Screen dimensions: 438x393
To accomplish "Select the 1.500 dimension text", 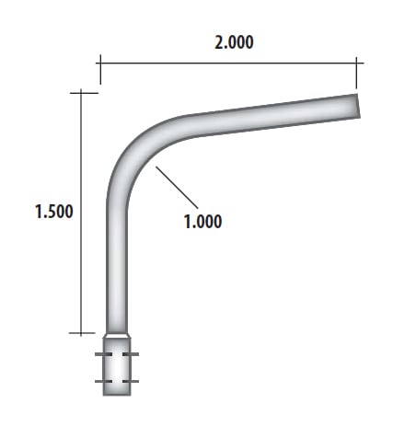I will [x=53, y=211].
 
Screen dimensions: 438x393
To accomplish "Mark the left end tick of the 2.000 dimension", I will [x=98, y=63].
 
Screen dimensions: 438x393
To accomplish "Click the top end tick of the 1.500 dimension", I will [x=83, y=91].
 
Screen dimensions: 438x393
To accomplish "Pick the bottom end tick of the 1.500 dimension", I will [x=83, y=332].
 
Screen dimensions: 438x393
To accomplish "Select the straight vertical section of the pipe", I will [x=117, y=267].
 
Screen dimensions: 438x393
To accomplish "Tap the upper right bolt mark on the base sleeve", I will [x=133, y=355].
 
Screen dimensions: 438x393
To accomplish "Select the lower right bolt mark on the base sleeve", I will [x=133, y=381].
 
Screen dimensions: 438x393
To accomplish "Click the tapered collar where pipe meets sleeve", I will [x=117, y=337].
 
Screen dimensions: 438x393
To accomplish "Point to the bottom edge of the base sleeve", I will [x=117, y=395].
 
